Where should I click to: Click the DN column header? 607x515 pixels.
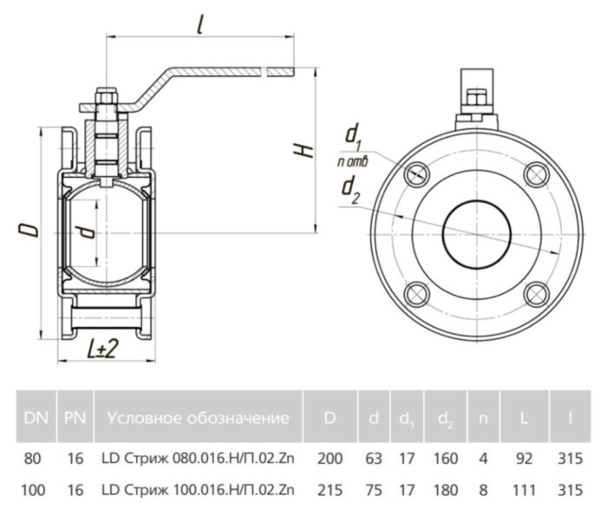pyautogui.click(x=36, y=418)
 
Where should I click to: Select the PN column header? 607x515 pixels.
pyautogui.click(x=75, y=418)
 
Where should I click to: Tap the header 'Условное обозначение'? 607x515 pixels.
pyautogui.click(x=198, y=418)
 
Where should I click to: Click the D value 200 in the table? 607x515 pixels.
pyautogui.click(x=330, y=458)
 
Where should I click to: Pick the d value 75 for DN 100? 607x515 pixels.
pyautogui.click(x=373, y=491)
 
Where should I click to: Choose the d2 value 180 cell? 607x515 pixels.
pyautogui.click(x=445, y=491)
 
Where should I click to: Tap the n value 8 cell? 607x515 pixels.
pyautogui.click(x=484, y=491)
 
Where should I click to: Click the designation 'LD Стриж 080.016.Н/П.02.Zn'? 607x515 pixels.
pyautogui.click(x=198, y=458)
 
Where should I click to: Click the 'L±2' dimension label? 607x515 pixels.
pyautogui.click(x=102, y=349)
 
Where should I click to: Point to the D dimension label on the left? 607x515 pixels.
pyautogui.click(x=28, y=229)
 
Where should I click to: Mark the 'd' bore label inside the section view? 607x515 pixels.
pyautogui.click(x=84, y=231)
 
